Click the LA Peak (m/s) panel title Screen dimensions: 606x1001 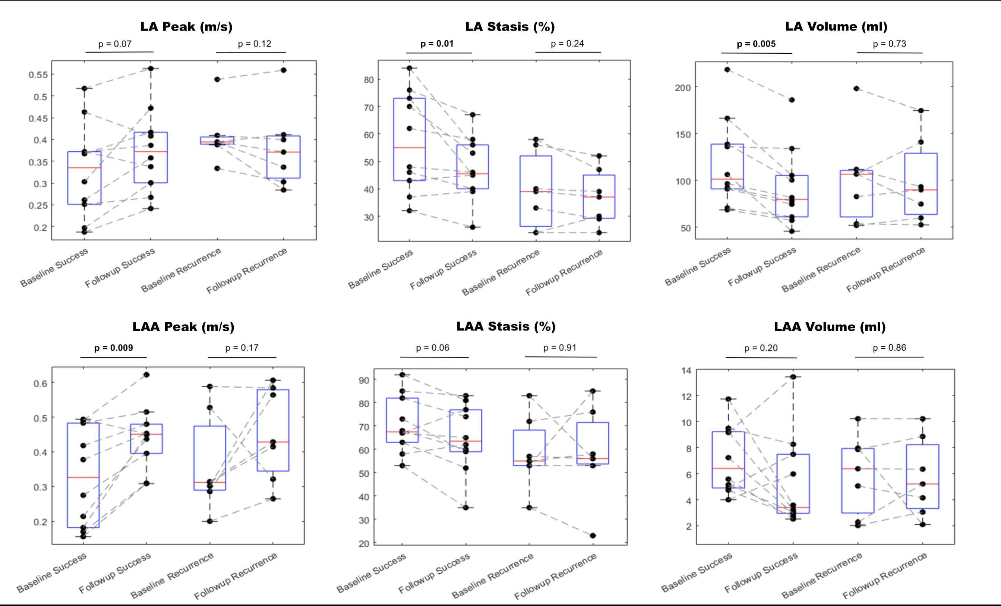186,27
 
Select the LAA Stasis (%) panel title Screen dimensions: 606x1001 506,326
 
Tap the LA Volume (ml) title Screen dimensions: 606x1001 836,27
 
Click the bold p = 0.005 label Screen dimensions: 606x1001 756,44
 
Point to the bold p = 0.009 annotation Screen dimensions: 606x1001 114,348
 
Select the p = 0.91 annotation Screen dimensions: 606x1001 559,348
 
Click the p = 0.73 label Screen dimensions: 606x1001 889,44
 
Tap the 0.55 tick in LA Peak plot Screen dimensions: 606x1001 38,75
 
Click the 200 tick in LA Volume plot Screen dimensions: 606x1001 683,88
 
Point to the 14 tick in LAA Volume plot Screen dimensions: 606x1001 686,370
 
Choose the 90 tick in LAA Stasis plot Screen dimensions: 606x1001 364,381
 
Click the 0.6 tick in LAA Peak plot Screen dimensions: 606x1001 41,384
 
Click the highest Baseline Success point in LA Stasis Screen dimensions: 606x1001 410,68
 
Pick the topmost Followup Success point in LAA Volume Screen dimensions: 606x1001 793,377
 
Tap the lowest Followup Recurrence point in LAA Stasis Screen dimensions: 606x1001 593,536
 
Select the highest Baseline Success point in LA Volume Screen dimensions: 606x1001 727,70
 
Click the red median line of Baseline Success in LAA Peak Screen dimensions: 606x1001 83,477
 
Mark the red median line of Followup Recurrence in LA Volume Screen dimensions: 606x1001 921,190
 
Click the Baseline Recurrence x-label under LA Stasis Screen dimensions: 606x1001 501,272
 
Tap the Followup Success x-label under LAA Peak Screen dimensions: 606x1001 115,573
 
